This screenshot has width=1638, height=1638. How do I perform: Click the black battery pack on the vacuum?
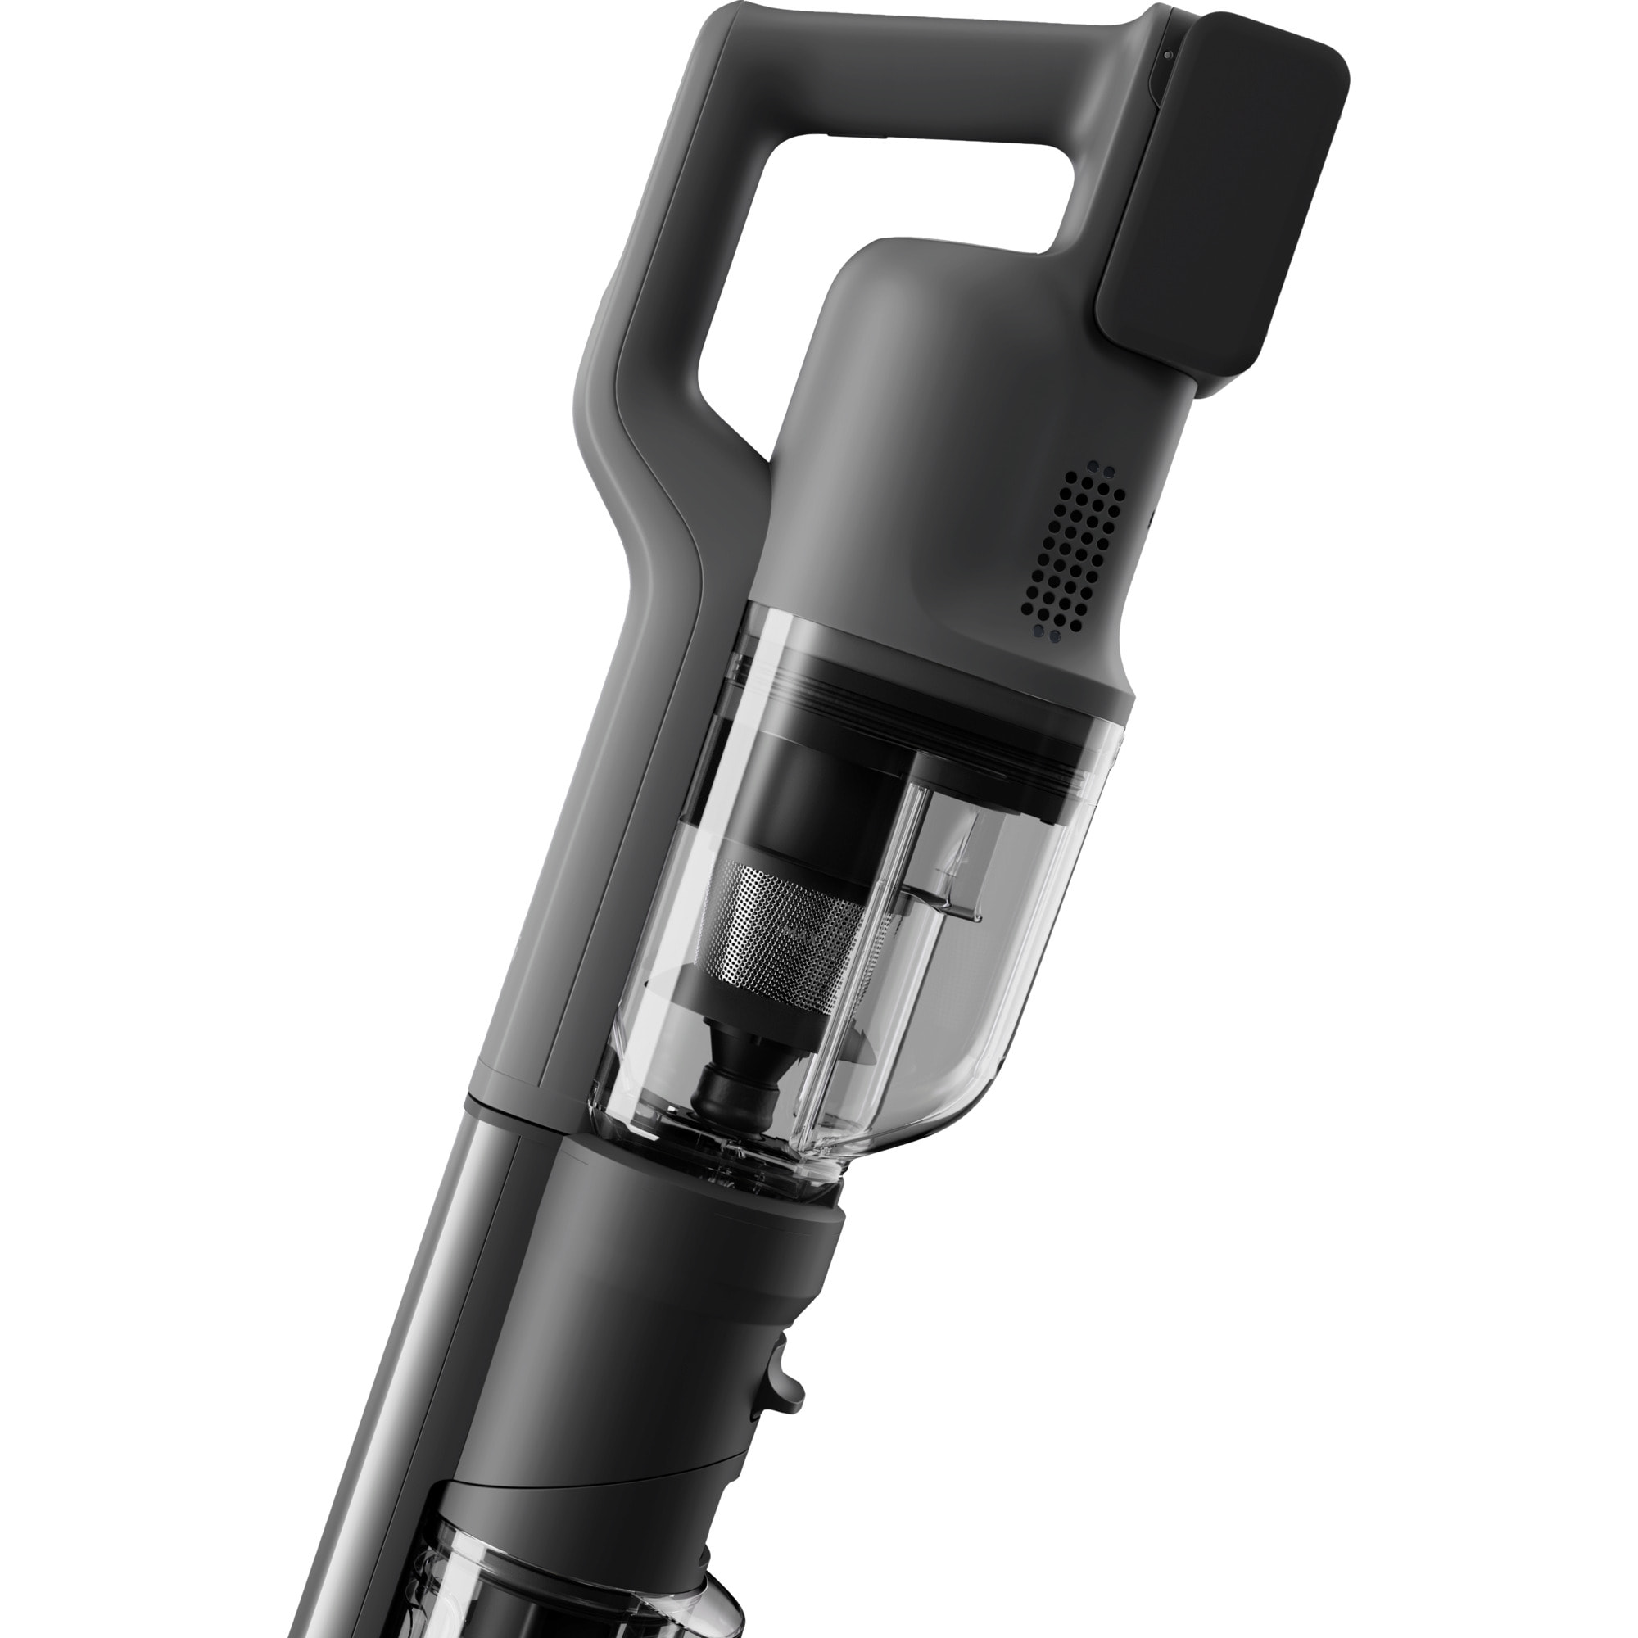pos(1221,203)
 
